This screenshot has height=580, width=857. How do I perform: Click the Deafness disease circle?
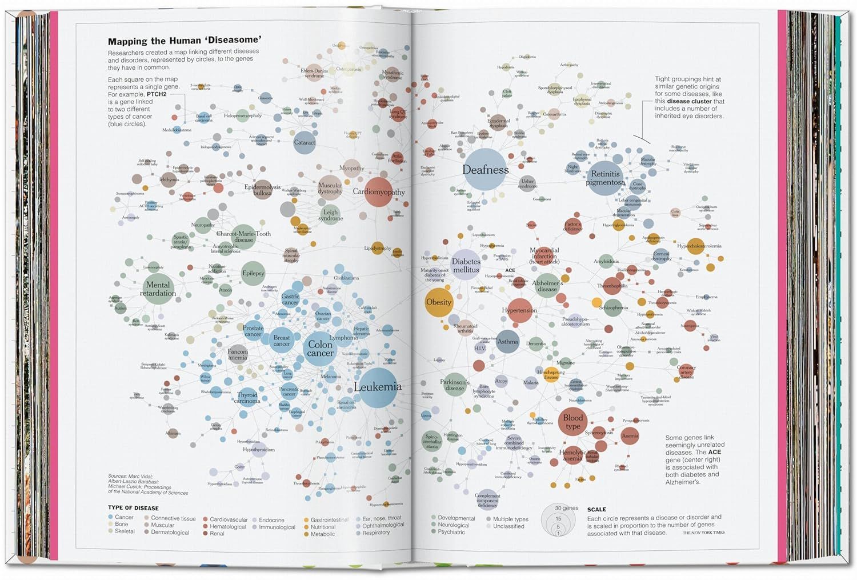pyautogui.click(x=485, y=170)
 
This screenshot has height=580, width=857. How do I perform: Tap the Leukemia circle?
pyautogui.click(x=378, y=387)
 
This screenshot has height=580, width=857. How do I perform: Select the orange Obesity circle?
pyautogui.click(x=439, y=302)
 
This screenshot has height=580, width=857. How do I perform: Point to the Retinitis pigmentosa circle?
pyautogui.click(x=606, y=178)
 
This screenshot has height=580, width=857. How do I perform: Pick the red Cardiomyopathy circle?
pyautogui.click(x=378, y=192)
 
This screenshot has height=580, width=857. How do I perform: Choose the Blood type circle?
pyautogui.click(x=573, y=422)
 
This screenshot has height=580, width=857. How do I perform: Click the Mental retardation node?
pyautogui.click(x=158, y=289)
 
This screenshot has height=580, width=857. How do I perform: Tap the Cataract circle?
pyautogui.click(x=305, y=142)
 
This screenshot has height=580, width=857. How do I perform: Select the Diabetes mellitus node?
pyautogui.click(x=466, y=265)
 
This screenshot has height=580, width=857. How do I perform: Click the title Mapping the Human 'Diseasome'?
pyautogui.click(x=185, y=41)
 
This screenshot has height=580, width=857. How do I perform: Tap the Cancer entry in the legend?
pyautogui.click(x=123, y=517)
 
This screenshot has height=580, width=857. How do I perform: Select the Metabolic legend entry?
pyautogui.click(x=322, y=534)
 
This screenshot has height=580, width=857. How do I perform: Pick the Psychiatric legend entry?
pyautogui.click(x=451, y=532)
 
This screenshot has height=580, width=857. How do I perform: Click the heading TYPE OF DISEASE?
pyautogui.click(x=133, y=508)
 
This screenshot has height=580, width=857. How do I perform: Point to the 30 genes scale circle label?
pyautogui.click(x=566, y=508)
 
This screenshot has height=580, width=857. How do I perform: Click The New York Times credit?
pyautogui.click(x=703, y=533)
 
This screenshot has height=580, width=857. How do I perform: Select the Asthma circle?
pyautogui.click(x=507, y=342)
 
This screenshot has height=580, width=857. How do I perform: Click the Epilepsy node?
pyautogui.click(x=253, y=273)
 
